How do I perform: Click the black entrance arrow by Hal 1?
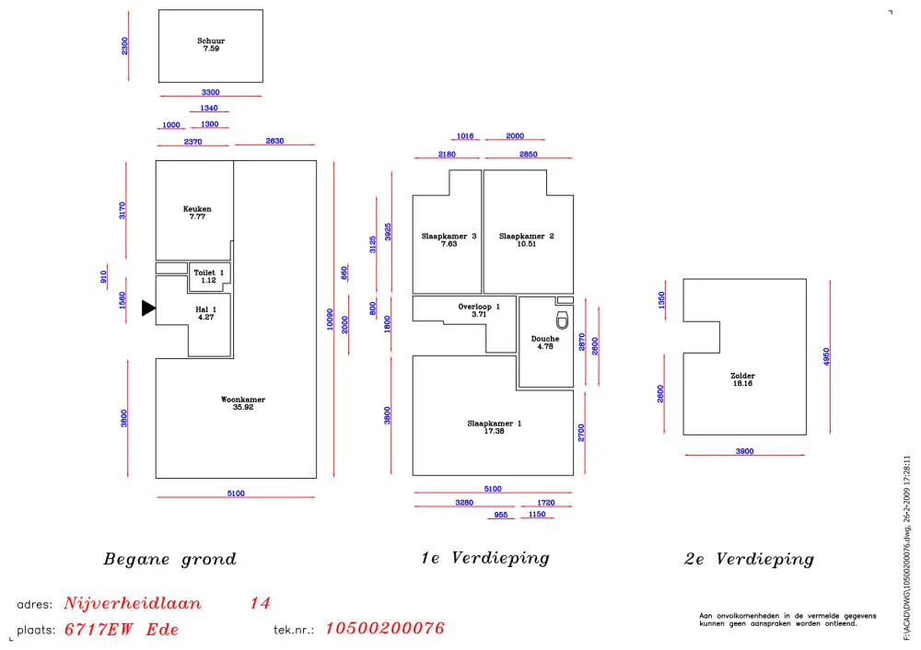(x=148, y=308)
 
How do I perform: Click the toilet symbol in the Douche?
(x=562, y=320)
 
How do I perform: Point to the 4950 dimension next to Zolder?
(x=827, y=357)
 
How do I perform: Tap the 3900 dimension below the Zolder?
(x=744, y=451)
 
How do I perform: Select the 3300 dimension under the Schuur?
(x=211, y=92)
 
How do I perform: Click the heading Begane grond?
(x=169, y=559)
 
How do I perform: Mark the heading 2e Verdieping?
(x=749, y=559)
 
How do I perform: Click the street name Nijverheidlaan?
(x=133, y=604)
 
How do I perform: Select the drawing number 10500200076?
(x=385, y=629)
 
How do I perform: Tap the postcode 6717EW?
(x=97, y=630)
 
